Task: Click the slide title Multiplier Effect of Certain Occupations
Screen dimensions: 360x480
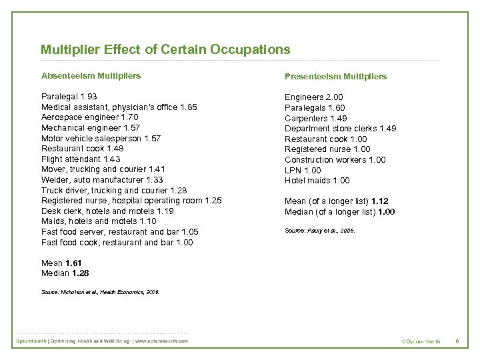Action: (x=165, y=50)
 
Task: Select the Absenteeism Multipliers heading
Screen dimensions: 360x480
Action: (x=91, y=75)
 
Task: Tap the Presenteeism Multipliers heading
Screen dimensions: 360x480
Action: (x=335, y=76)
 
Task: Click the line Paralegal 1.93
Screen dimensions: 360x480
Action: (x=69, y=97)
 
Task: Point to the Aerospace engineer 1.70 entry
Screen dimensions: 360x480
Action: (x=91, y=117)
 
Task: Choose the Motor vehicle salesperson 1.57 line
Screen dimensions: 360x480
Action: (x=101, y=138)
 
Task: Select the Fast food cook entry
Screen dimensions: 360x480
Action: (x=117, y=243)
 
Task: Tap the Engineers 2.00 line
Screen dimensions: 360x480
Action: (x=314, y=97)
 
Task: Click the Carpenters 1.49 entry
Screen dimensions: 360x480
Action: (x=316, y=118)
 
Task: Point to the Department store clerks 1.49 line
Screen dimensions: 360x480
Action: (x=340, y=129)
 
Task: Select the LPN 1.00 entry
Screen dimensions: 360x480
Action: (x=303, y=170)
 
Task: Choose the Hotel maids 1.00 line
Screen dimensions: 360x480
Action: (x=317, y=181)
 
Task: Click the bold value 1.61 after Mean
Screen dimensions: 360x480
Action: (x=74, y=263)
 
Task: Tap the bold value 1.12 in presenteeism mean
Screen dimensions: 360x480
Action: (x=381, y=201)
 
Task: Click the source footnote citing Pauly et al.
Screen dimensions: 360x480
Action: (x=320, y=231)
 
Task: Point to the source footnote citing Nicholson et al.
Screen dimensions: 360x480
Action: (x=100, y=291)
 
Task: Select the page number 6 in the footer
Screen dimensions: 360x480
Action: (x=457, y=341)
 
